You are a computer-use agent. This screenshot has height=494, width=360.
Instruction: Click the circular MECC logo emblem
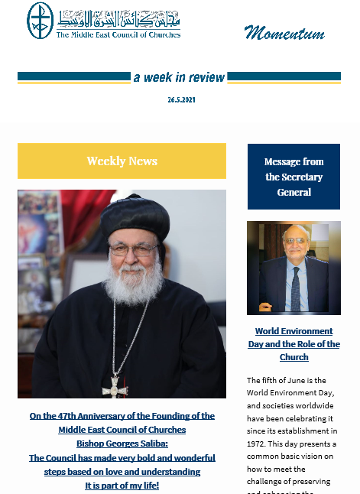point(41,21)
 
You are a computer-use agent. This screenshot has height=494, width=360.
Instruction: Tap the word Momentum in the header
point(284,32)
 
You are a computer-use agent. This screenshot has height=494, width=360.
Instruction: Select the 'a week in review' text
point(179,77)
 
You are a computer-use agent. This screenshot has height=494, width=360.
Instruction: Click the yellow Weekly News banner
point(122,161)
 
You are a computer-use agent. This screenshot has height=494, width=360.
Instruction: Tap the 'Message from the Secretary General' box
point(294,177)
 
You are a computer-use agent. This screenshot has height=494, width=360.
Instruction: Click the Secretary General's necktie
point(295,286)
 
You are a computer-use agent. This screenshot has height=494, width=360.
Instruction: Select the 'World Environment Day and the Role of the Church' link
point(294,344)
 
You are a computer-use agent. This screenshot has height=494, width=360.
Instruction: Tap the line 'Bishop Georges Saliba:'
point(122,444)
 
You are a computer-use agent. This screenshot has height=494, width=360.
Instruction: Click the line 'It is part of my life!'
point(122,486)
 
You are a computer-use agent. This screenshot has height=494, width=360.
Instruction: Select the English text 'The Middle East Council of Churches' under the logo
point(119,34)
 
